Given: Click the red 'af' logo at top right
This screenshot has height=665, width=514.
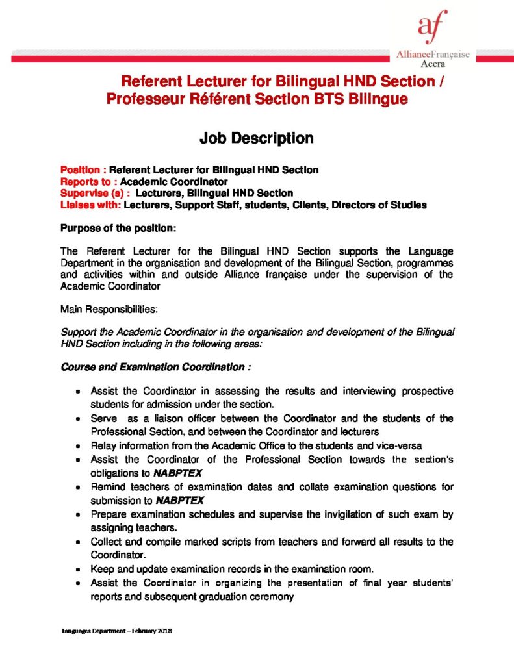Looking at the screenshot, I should coord(431,27).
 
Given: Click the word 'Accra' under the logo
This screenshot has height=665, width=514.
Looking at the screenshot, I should coord(432,65).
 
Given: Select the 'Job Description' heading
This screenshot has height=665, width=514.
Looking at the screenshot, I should coord(256,138).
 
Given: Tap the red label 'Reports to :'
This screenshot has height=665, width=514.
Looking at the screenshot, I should coord(88,182).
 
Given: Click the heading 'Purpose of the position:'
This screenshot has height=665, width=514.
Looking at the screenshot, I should coord(118,229).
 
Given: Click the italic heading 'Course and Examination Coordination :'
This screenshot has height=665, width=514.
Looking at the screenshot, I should coord(155,367).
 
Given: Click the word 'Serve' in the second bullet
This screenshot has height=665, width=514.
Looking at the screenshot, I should coord(104,419).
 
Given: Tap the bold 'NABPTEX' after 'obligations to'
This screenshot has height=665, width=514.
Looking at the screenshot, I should coord(183,473).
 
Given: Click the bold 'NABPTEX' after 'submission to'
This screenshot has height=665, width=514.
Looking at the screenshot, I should coord(180,500).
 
